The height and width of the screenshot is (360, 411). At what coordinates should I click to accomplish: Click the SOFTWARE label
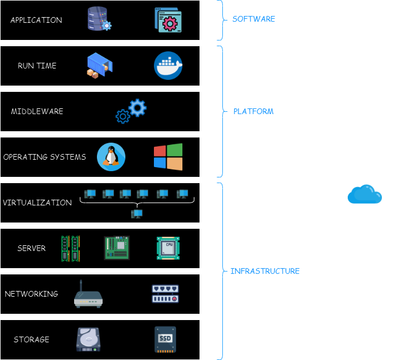pyautogui.click(x=254, y=19)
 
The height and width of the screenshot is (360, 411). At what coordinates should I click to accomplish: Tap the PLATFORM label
pyautogui.click(x=254, y=111)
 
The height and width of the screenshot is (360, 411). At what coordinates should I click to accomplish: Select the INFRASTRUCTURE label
pyautogui.click(x=264, y=271)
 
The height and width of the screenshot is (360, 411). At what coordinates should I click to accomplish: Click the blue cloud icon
pyautogui.click(x=365, y=194)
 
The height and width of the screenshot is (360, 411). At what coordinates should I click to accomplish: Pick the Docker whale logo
pyautogui.click(x=168, y=66)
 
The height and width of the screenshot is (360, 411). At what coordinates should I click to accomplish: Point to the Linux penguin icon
pyautogui.click(x=111, y=157)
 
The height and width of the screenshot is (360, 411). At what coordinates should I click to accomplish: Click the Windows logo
pyautogui.click(x=168, y=157)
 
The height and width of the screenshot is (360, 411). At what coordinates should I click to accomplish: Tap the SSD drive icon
pyautogui.click(x=165, y=339)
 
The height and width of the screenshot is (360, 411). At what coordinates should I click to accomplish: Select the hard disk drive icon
pyautogui.click(x=88, y=339)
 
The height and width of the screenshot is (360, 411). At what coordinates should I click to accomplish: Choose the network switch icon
pyautogui.click(x=165, y=294)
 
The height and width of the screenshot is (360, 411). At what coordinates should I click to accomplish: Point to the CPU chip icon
pyautogui.click(x=168, y=248)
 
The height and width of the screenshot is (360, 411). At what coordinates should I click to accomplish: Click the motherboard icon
pyautogui.click(x=117, y=248)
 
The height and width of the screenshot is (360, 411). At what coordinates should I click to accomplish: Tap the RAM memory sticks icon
pyautogui.click(x=71, y=249)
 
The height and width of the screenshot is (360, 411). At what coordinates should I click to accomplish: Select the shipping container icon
pyautogui.click(x=100, y=66)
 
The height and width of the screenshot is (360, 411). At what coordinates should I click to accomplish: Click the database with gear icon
pyautogui.click(x=99, y=19)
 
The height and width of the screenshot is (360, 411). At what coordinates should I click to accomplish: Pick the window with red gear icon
pyautogui.click(x=168, y=20)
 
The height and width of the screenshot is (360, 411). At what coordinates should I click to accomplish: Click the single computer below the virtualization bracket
pyautogui.click(x=137, y=214)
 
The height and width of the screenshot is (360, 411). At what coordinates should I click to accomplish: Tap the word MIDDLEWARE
pyautogui.click(x=37, y=111)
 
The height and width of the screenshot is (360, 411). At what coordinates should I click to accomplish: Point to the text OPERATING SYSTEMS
pyautogui.click(x=44, y=157)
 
